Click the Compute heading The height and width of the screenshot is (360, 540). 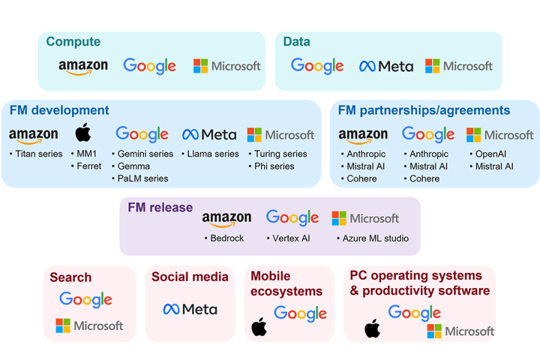tap(73, 42)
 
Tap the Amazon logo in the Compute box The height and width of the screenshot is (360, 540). tap(83, 66)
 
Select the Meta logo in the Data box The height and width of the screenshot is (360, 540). tap(386, 66)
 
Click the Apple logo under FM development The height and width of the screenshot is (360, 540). tap(83, 133)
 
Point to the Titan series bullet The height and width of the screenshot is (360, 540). tap(38, 154)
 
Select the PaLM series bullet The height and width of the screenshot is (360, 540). tap(143, 179)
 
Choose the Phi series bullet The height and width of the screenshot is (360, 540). tap(273, 166)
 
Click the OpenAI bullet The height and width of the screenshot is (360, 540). tap(490, 154)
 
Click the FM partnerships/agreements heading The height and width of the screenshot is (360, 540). tap(424, 110)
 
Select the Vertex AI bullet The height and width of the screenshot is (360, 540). tap(290, 238)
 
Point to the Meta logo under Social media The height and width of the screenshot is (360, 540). tap(190, 309)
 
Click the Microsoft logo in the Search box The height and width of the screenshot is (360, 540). tap(89, 325)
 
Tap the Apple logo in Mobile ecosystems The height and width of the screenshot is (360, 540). tap(259, 327)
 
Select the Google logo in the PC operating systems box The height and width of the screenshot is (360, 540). tap(414, 313)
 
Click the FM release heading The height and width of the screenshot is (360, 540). tap(160, 207)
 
